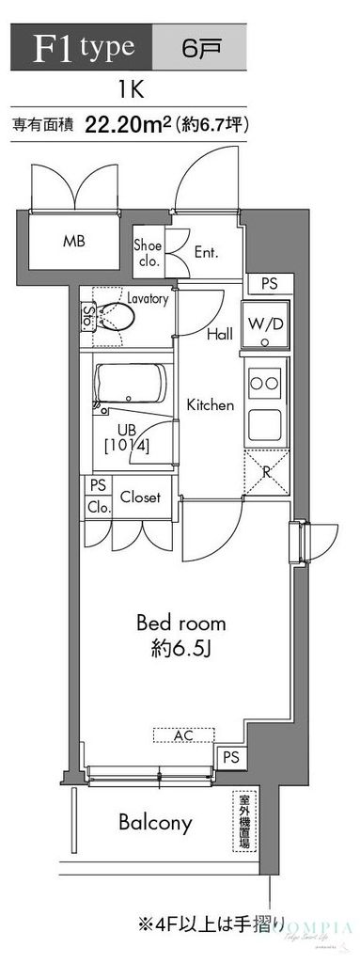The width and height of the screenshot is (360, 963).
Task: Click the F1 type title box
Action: point(79,46)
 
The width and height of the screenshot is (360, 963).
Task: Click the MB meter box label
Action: point(74,241)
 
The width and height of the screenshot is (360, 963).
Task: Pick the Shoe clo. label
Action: point(149,251)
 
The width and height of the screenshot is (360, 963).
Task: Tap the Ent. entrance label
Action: point(205,252)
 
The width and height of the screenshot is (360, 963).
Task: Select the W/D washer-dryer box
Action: point(266,324)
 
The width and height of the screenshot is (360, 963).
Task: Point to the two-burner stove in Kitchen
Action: point(265,384)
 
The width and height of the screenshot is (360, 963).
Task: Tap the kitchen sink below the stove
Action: point(265,427)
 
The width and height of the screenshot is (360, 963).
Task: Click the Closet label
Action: point(140,497)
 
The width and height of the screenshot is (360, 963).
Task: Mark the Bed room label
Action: point(181,623)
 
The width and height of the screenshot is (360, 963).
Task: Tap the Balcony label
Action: point(155,824)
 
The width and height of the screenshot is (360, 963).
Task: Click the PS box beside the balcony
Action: point(229,757)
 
